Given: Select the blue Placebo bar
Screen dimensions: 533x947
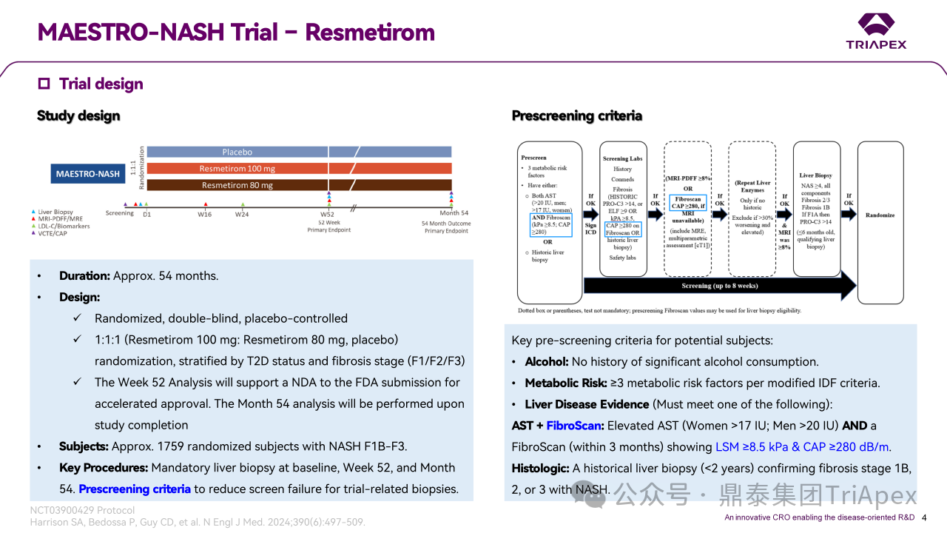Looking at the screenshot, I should click(237, 152).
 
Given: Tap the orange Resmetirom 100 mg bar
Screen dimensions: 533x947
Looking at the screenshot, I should click(237, 169).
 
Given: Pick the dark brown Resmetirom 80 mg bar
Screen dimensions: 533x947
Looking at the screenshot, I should click(237, 185).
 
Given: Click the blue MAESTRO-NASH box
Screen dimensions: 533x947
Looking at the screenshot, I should click(88, 174).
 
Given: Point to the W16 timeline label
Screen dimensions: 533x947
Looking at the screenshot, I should click(205, 214).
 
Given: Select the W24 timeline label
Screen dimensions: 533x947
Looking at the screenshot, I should click(243, 214).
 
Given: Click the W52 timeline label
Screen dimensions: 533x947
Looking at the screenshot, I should click(327, 214).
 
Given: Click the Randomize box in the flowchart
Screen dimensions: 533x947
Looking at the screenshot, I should click(880, 215).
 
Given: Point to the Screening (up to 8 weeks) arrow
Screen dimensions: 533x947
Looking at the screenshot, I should click(719, 285).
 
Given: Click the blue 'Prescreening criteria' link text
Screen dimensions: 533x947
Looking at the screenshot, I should click(135, 489).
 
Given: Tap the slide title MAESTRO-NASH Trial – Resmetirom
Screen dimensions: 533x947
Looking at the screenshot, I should click(236, 33).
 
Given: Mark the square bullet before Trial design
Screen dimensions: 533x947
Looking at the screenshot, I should click(44, 84).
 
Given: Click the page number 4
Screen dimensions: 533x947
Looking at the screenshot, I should click(923, 517).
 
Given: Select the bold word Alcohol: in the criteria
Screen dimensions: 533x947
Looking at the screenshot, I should click(546, 362).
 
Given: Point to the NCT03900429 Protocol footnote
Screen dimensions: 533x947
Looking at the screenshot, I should click(82, 510).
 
